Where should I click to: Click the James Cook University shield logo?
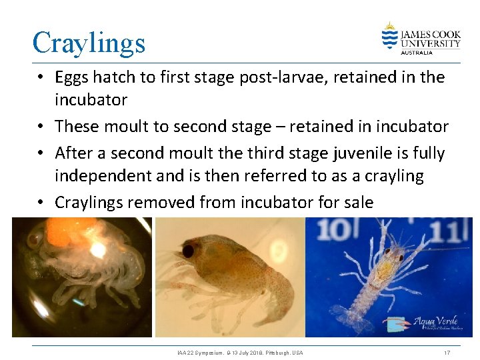(389, 36)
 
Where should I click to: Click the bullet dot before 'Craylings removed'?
(41, 201)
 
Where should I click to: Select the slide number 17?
(447, 352)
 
